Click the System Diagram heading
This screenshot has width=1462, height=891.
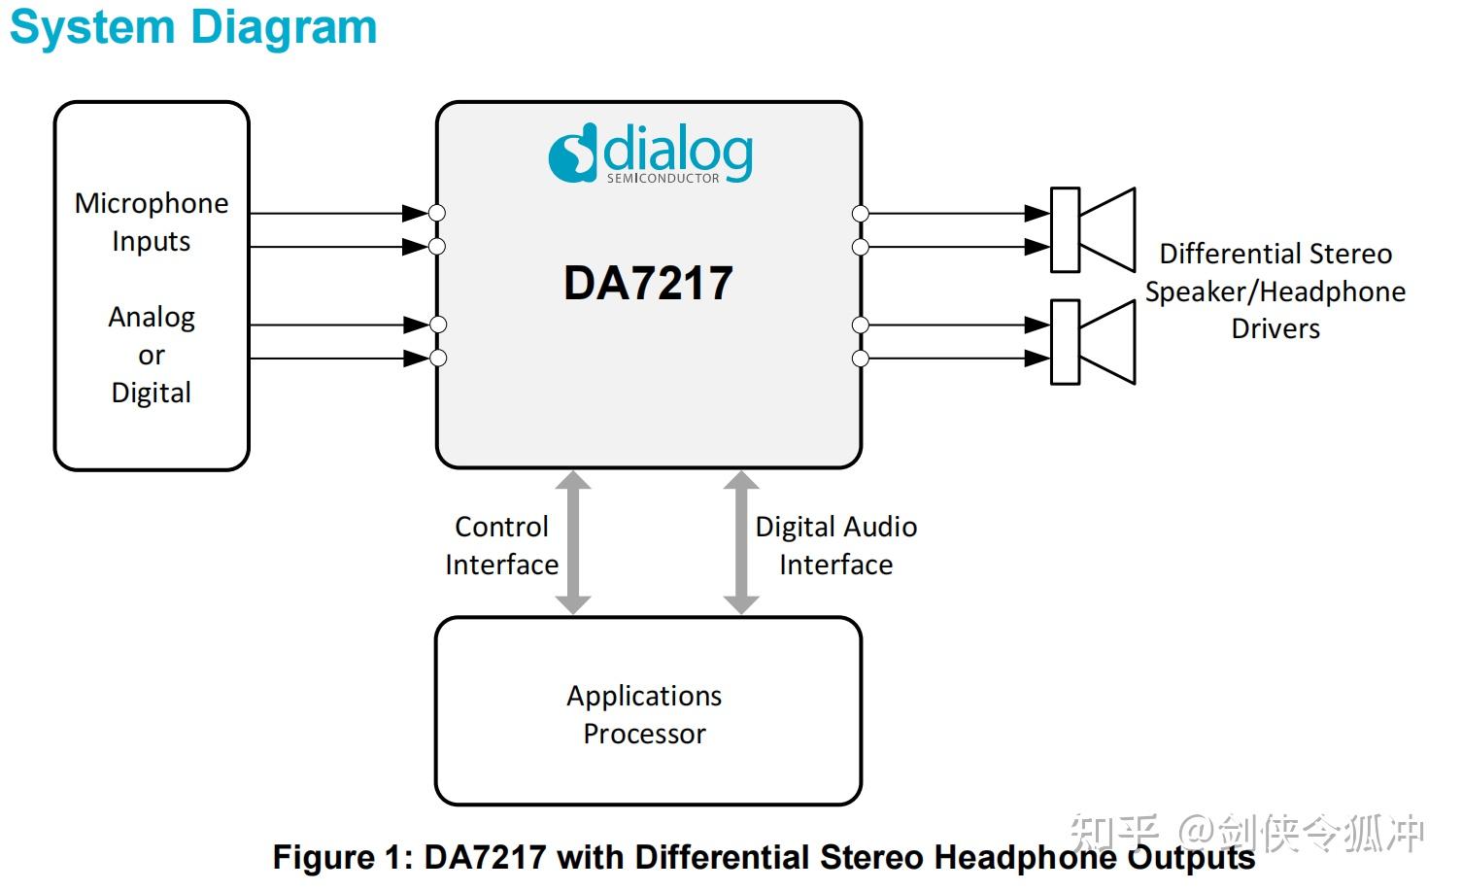(194, 28)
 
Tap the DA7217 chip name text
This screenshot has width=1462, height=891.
(648, 284)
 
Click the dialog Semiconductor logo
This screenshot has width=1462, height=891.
(651, 154)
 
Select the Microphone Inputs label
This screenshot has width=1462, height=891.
(152, 222)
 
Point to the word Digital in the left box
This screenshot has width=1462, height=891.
(152, 393)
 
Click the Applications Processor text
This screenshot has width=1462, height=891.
(645, 715)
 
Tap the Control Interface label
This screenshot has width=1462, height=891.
(502, 546)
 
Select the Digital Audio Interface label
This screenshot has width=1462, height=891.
(836, 546)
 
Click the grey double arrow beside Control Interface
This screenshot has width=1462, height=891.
(573, 542)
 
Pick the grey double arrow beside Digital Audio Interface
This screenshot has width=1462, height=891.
(741, 542)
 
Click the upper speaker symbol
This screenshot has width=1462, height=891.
(1093, 229)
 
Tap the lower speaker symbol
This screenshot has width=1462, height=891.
(1093, 342)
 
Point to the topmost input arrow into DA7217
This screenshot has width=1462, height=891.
(339, 213)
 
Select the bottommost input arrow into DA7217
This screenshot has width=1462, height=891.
(339, 359)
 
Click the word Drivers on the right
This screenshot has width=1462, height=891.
(1275, 329)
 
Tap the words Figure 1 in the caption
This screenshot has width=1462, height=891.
(343, 857)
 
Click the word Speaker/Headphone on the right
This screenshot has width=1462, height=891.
(1275, 291)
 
